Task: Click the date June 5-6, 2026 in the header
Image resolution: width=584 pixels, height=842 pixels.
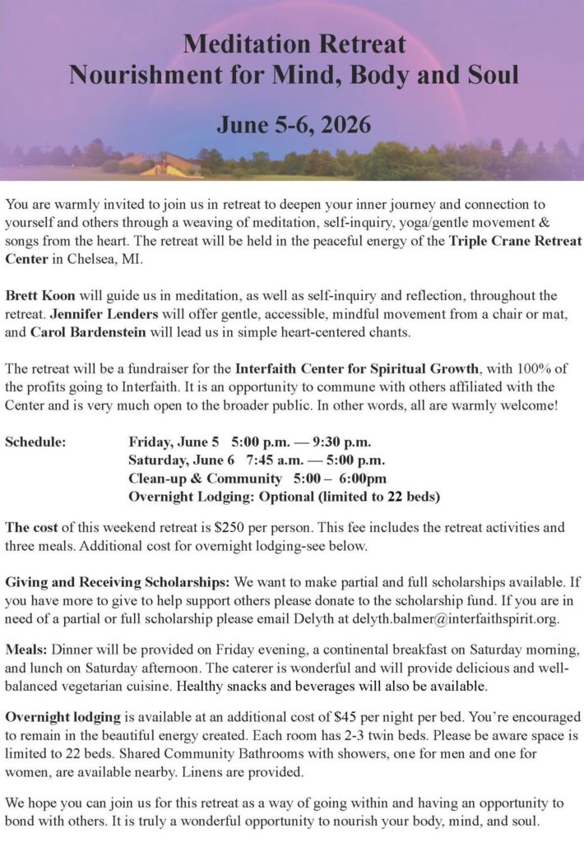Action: pyautogui.click(x=294, y=125)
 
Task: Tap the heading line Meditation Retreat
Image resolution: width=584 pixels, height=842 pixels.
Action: pyautogui.click(x=294, y=44)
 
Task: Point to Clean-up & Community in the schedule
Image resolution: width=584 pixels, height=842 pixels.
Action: pyautogui.click(x=205, y=478)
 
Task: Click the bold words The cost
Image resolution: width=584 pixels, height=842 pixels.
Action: pyautogui.click(x=30, y=527)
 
